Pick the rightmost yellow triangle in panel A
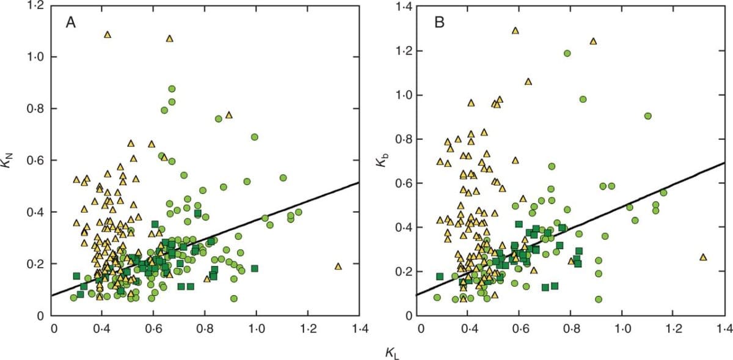point(338,266)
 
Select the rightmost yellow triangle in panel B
point(702,257)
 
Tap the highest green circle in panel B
point(567,53)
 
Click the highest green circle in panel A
point(172,89)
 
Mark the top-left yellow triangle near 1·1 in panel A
point(108,34)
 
